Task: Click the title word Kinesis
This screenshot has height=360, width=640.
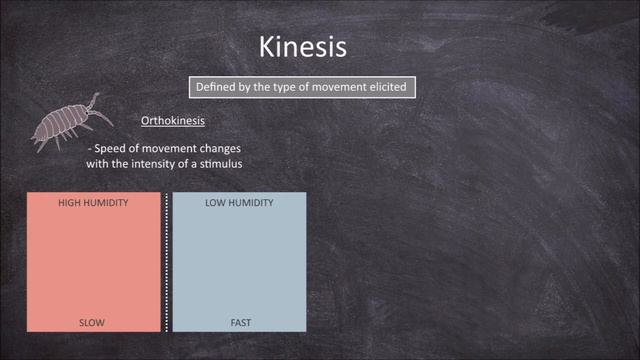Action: pos(303,48)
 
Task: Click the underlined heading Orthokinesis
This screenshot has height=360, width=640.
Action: pos(172,121)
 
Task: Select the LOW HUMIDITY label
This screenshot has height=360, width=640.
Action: pos(239,202)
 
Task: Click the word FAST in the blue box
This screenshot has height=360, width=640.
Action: pos(239,322)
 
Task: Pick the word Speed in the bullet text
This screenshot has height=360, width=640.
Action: pos(112,146)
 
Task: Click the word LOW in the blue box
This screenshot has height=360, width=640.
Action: pos(217,202)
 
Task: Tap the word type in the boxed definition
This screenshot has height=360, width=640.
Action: pos(280,87)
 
